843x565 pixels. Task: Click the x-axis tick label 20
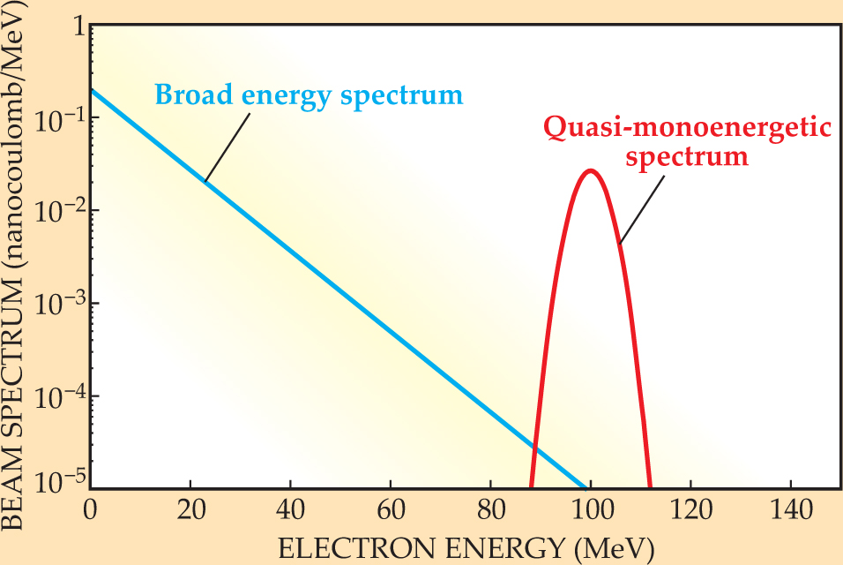pyautogui.click(x=190, y=511)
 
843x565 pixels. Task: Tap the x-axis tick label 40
pyautogui.click(x=289, y=511)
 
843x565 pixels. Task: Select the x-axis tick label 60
pyautogui.click(x=390, y=511)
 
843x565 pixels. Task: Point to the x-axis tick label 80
pyautogui.click(x=489, y=511)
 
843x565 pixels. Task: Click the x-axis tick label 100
pyautogui.click(x=590, y=511)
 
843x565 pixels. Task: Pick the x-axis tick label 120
pyautogui.click(x=690, y=511)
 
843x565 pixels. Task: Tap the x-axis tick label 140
pyautogui.click(x=790, y=511)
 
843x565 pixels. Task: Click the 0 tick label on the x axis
pyautogui.click(x=90, y=511)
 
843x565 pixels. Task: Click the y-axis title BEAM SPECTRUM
pyautogui.click(x=16, y=388)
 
